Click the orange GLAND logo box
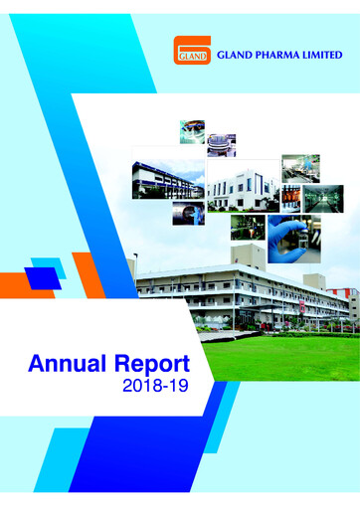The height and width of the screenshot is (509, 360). point(191,50)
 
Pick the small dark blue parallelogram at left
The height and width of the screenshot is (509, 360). point(43,279)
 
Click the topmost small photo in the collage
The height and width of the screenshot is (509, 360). point(192,129)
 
